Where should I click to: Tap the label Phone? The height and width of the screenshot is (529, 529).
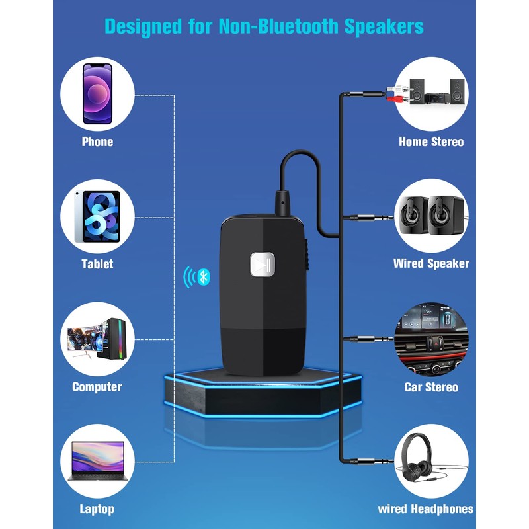97,142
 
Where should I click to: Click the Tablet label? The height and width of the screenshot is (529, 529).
97,264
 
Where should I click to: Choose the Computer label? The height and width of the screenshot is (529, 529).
97,387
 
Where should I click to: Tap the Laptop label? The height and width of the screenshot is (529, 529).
97,509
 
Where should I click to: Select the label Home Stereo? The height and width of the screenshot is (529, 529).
431,142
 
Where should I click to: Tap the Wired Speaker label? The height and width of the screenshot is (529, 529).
431,263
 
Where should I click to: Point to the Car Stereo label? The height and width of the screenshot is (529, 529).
431,387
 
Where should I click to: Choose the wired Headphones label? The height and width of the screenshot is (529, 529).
426,509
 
